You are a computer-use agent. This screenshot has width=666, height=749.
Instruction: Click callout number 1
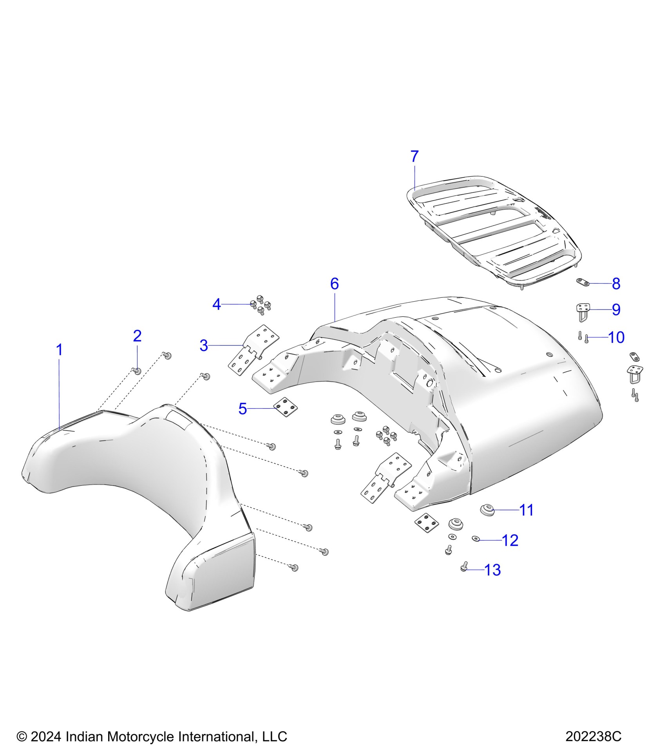[60, 350]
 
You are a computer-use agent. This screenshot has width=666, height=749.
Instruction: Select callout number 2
[137, 336]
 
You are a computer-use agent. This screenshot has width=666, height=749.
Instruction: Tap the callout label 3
[204, 346]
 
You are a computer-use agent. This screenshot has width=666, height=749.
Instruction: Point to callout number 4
[217, 304]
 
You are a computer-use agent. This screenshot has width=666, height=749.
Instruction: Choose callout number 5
[243, 409]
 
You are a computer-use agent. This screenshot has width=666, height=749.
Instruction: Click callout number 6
[334, 284]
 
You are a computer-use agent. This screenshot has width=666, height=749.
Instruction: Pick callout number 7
[414, 157]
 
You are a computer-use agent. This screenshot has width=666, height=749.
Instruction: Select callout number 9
[616, 310]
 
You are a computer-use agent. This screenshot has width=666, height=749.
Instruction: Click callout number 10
[616, 337]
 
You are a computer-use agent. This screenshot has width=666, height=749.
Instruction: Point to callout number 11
[527, 510]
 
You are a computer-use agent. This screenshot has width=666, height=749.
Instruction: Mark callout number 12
[510, 540]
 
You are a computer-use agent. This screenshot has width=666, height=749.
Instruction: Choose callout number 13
[493, 570]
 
